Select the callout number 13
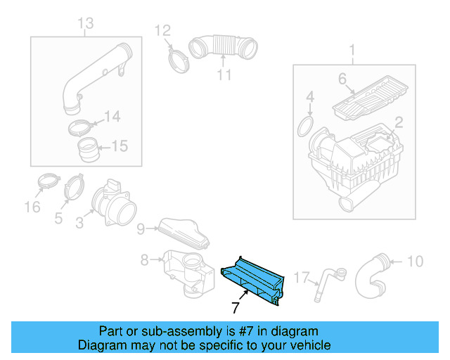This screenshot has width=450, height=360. click(85, 25)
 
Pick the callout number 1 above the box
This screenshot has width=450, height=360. click(352, 51)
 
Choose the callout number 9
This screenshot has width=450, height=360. click(141, 228)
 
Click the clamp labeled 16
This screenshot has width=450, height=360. click(46, 182)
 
